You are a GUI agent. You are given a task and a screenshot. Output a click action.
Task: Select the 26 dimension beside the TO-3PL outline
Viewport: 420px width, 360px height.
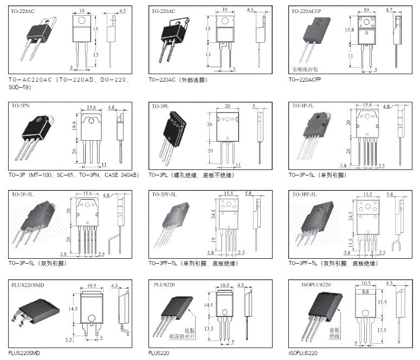pyautogui.click(x=210, y=123)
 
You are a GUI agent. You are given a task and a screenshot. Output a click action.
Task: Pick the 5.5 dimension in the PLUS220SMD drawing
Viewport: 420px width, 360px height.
pyautogui.click(x=69, y=339)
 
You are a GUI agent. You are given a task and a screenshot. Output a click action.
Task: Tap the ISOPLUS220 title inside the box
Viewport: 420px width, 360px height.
pyautogui.click(x=316, y=284)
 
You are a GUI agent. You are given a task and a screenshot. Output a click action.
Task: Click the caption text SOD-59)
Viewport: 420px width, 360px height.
pyautogui.click(x=20, y=87)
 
